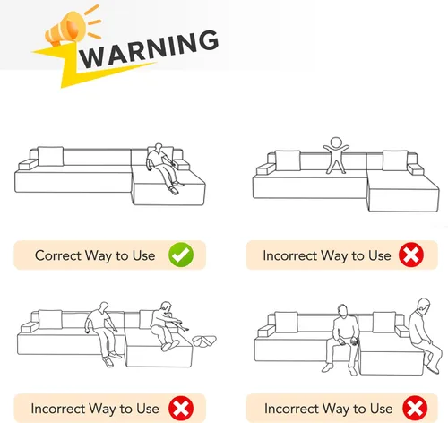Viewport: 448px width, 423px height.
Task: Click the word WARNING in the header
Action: [149, 48]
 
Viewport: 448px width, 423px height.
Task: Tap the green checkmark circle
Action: [181, 255]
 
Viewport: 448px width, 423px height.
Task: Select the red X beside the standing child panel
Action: [411, 255]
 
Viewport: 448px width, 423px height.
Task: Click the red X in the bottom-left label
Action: [181, 408]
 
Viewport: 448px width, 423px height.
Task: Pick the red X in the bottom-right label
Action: [415, 408]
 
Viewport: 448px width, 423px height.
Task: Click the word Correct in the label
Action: [58, 255]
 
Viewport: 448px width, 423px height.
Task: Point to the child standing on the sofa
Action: [336, 155]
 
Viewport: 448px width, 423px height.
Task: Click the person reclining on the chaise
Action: [163, 168]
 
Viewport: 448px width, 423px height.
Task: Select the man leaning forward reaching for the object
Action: [167, 325]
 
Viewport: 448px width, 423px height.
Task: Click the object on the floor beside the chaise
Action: [204, 341]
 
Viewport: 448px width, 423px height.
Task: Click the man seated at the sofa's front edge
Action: [343, 339]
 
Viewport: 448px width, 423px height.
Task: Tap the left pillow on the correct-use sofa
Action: [50, 156]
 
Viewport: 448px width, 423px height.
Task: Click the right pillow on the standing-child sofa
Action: [395, 160]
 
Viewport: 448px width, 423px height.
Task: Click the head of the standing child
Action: [336, 142]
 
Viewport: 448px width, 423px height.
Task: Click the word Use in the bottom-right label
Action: [382, 409]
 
